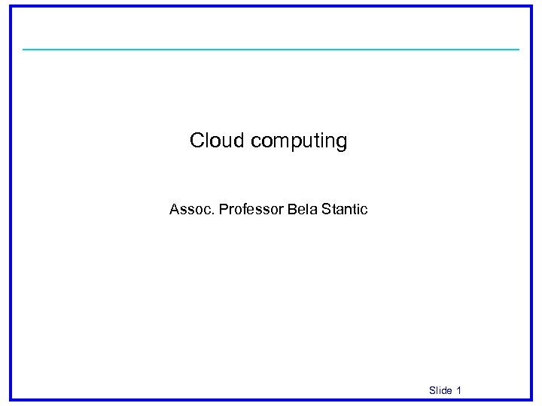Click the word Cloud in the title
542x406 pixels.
pos(217,141)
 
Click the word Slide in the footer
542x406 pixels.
pos(440,390)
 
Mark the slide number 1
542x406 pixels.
pos(459,390)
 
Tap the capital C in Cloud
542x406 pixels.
pos(197,141)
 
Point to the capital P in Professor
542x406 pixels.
pos(223,209)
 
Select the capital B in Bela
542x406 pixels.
pos(291,209)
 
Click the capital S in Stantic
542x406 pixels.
pos(326,209)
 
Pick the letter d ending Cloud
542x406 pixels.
pos(239,141)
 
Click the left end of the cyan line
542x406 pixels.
pos(24,50)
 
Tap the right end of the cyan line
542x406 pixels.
pos(518,50)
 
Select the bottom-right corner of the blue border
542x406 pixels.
pos(531,398)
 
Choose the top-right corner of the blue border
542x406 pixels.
pos(531,7)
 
